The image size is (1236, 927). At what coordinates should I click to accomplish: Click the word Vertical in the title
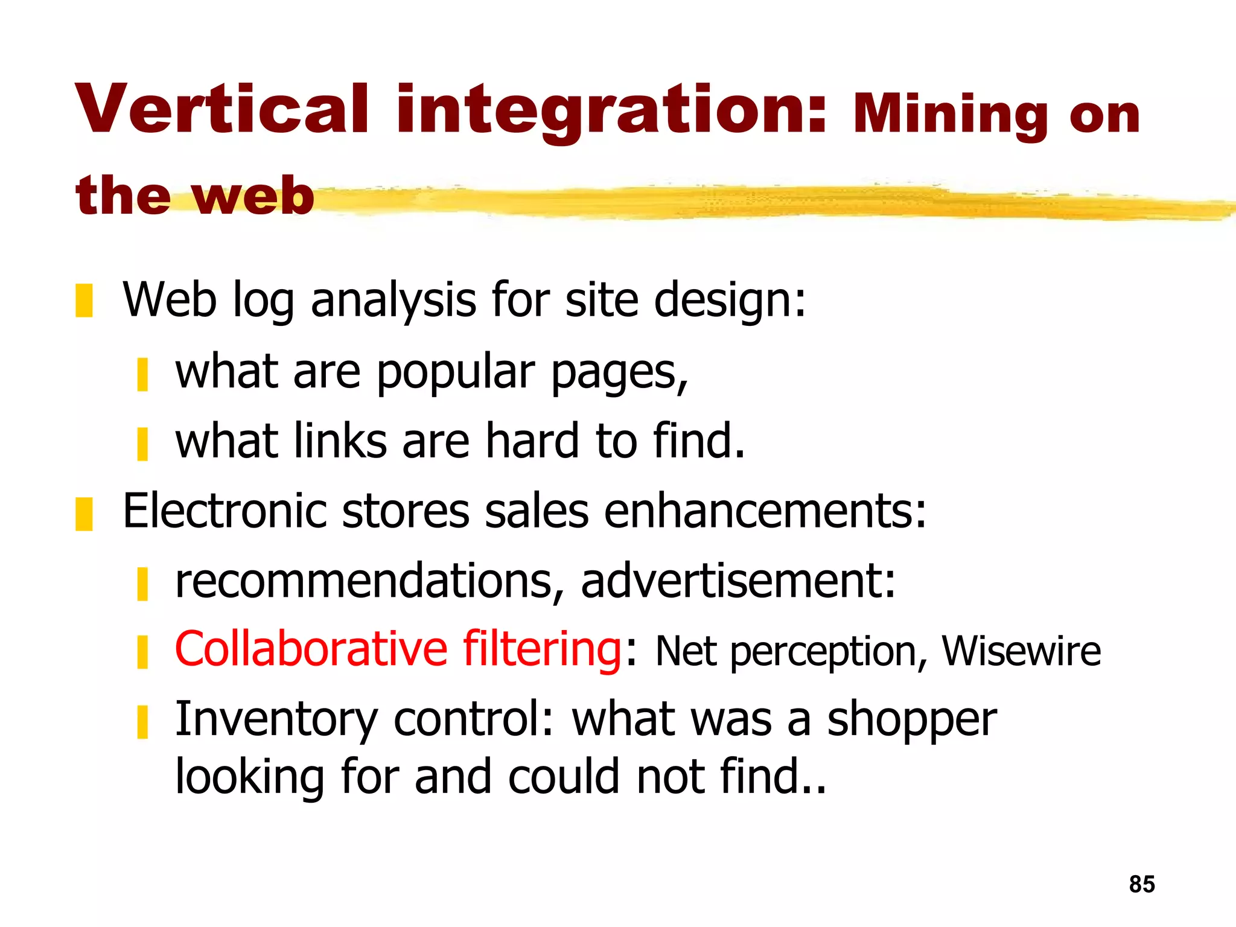221,110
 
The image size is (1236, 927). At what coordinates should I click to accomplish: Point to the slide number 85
1142,884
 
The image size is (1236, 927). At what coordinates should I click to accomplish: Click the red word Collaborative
311,649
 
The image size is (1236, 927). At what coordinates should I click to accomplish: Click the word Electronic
225,511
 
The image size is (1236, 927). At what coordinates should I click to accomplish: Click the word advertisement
737,581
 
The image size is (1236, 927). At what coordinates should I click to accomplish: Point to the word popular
456,373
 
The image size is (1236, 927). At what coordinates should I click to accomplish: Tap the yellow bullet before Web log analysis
84,301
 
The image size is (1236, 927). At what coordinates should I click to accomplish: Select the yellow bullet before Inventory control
142,722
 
